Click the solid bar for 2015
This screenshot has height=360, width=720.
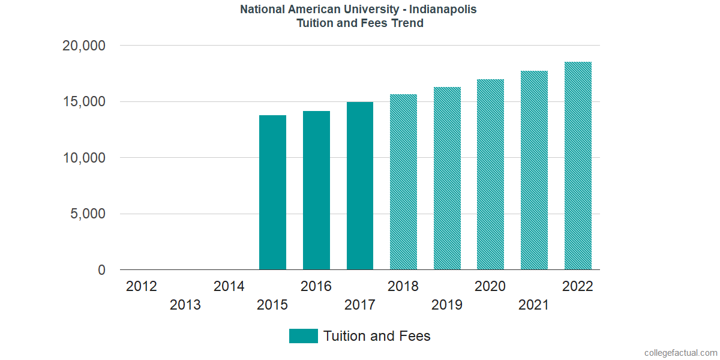click(x=272, y=193)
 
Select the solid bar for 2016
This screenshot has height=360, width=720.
click(x=316, y=190)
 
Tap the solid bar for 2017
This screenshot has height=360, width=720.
click(x=360, y=186)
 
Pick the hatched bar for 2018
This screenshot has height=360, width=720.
click(x=403, y=182)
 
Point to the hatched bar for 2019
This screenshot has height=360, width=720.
click(x=447, y=178)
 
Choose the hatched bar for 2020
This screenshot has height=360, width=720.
click(x=490, y=175)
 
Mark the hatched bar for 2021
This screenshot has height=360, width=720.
click(x=534, y=170)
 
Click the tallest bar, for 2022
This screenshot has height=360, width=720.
click(x=578, y=166)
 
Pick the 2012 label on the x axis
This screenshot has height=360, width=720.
click(x=142, y=287)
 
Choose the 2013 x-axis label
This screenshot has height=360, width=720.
click(x=185, y=305)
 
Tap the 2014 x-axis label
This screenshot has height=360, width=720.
click(x=229, y=287)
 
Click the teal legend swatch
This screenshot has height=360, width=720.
click(x=303, y=336)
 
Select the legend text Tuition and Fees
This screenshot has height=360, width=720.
click(x=377, y=336)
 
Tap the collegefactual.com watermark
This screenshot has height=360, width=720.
click(x=680, y=353)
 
